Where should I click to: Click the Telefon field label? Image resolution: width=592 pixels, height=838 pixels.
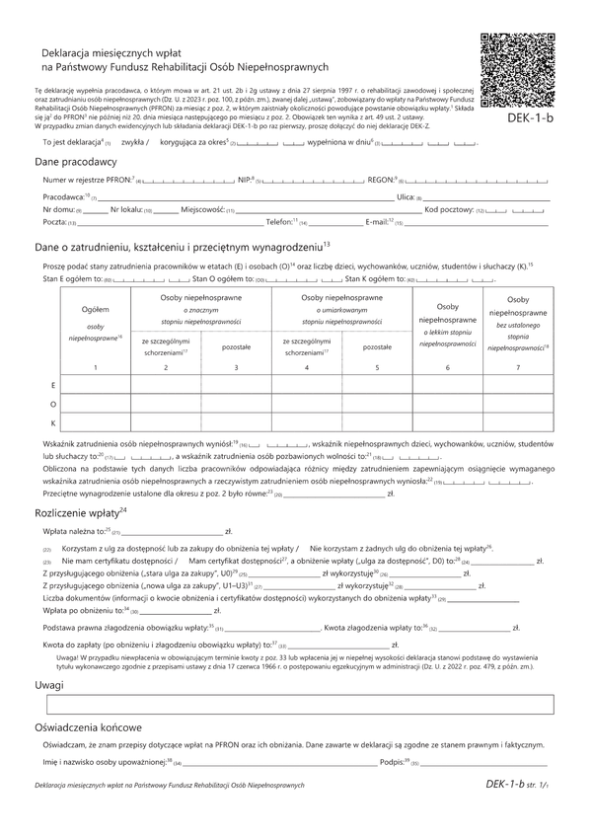point(281,224)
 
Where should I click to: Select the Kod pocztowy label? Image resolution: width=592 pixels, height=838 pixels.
point(448,210)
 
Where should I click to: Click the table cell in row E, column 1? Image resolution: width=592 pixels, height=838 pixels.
point(96,383)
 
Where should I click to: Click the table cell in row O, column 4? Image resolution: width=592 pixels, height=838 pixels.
point(306,403)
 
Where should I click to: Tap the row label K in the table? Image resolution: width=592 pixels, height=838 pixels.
point(52,422)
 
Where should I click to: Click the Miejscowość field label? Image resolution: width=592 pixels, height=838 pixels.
point(201,210)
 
